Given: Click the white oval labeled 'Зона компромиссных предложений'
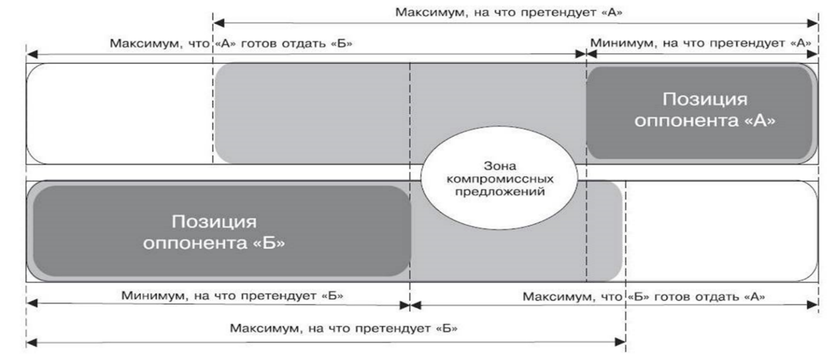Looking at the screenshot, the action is pyautogui.click(x=499, y=178).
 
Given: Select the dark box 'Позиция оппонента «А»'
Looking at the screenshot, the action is pyautogui.click(x=700, y=113).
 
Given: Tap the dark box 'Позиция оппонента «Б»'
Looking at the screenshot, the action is pyautogui.click(x=222, y=231).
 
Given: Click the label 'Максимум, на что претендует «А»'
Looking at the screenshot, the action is pyautogui.click(x=509, y=12).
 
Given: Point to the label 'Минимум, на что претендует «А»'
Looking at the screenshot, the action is pyautogui.click(x=700, y=43).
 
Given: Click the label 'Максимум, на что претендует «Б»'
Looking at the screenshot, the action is pyautogui.click(x=344, y=327).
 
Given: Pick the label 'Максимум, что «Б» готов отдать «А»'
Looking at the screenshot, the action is pyautogui.click(x=644, y=296).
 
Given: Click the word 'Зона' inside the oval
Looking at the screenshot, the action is pyautogui.click(x=499, y=166).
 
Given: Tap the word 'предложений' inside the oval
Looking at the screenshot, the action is pyautogui.click(x=499, y=191).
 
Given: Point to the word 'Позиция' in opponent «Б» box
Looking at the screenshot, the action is pyautogui.click(x=214, y=221).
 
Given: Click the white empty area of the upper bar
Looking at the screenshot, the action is pyautogui.click(x=120, y=113).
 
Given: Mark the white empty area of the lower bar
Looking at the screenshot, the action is pyautogui.click(x=721, y=231).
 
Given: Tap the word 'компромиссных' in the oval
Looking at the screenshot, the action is pyautogui.click(x=499, y=179).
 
